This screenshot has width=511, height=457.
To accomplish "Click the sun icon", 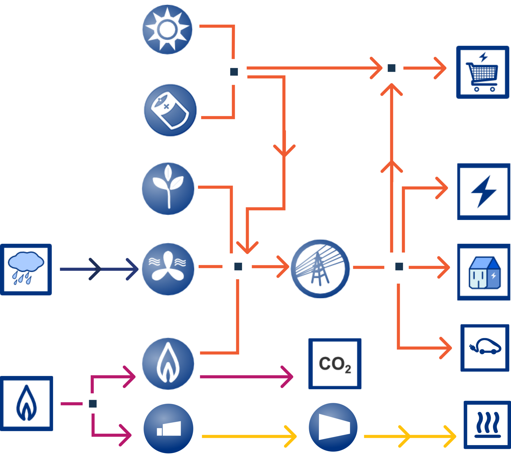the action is coord(167,30).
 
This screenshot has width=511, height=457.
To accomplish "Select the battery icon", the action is coord(170,110).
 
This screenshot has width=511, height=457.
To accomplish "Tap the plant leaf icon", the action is coord(168,189).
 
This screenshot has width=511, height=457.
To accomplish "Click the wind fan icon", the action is coord(168,269).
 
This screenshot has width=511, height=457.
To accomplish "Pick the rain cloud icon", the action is coord(26,270).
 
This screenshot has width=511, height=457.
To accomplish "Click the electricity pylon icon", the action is coord(320,269).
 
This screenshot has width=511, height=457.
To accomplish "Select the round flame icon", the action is coord(168,364).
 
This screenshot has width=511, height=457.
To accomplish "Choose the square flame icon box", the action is coord(26,403).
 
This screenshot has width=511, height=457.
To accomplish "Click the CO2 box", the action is coord(335,364).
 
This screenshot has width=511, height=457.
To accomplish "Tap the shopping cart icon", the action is coord(483,72).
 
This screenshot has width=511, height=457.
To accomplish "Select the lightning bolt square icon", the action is coord(484,192).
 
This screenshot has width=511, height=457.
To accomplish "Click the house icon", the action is coord(484,272).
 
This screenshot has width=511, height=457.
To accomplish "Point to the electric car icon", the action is coord(485,348).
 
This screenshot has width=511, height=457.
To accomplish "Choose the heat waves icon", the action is coord(487,425).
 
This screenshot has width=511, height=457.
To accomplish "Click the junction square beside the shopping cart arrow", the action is coord(392,68).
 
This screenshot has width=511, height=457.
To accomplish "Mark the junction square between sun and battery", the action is coord(234,72).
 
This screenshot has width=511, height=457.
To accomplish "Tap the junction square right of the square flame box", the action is coord(93,404).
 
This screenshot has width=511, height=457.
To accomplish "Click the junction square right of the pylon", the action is coord(399,266).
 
